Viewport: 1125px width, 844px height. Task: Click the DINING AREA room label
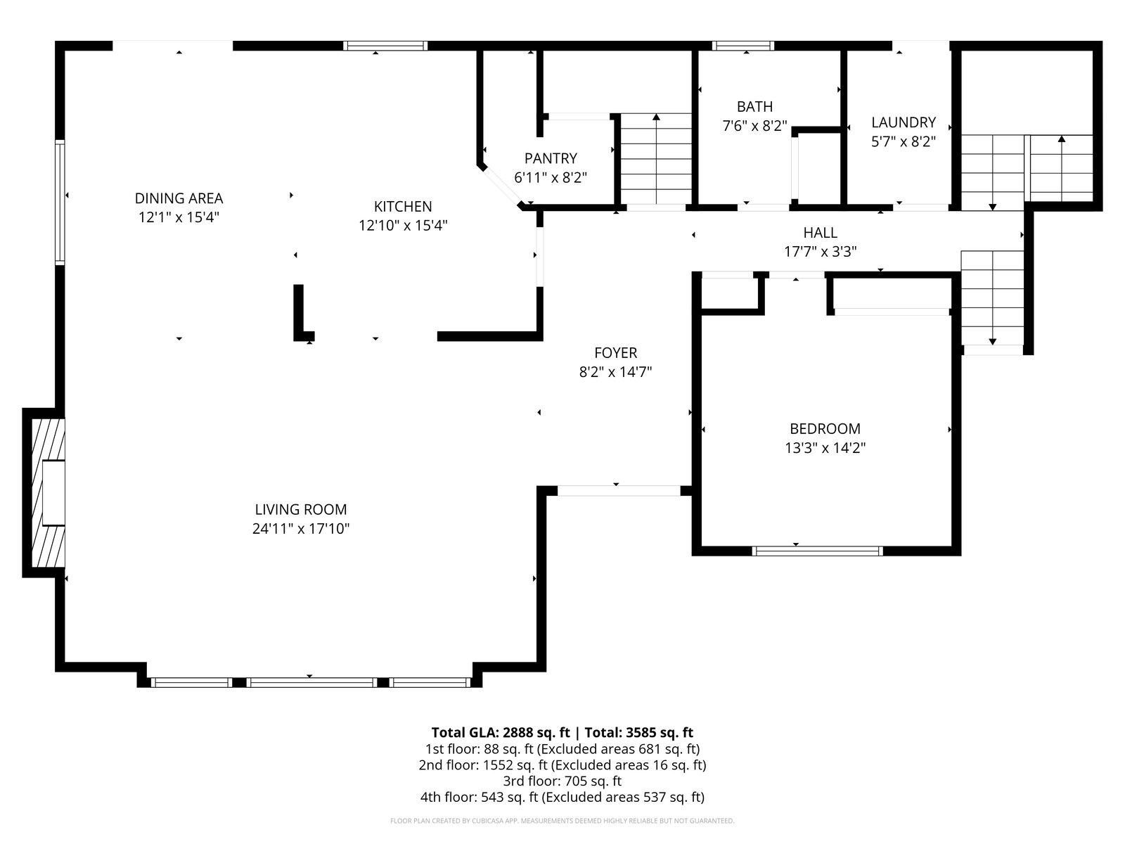179,198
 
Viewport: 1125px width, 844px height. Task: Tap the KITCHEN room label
403,207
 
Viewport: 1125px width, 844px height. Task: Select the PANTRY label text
551,158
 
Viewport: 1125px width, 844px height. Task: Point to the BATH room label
754,107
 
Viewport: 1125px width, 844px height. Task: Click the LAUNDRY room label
904,122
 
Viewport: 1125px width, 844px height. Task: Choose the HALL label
820,233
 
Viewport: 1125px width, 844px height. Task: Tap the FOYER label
615,352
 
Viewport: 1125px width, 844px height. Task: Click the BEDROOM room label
825,428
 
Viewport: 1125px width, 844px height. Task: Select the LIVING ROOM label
301,509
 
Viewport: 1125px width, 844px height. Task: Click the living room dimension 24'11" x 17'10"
301,528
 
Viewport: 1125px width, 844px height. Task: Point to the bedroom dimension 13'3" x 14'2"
825,448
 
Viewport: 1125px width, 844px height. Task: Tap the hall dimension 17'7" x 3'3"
820,252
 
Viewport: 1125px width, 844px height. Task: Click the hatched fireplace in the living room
49,492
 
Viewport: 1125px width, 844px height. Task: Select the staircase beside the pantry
656,159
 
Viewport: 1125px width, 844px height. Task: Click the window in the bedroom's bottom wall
817,551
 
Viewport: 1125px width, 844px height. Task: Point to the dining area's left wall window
60,203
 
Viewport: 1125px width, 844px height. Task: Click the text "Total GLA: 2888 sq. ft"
500,732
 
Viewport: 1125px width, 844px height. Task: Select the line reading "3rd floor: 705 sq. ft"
562,781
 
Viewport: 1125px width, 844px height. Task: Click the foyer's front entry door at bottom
619,490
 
